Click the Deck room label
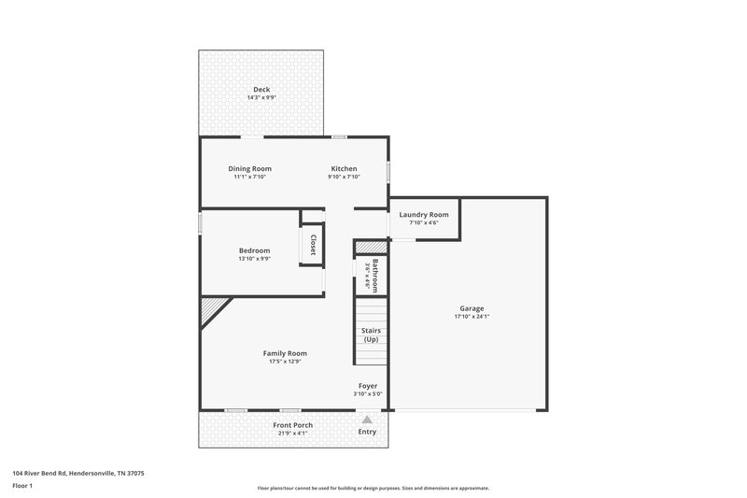261,90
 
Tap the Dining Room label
249,168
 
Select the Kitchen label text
344,168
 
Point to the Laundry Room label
424,214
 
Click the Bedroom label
254,250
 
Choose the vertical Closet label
313,245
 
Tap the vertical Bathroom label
375,276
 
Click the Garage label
471,308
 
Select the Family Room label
285,353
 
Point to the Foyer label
368,386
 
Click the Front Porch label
292,425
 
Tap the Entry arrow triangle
367,420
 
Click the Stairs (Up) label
371,334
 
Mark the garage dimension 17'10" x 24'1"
471,317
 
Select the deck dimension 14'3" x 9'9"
261,98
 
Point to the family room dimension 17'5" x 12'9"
285,362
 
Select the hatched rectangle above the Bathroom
370,248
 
